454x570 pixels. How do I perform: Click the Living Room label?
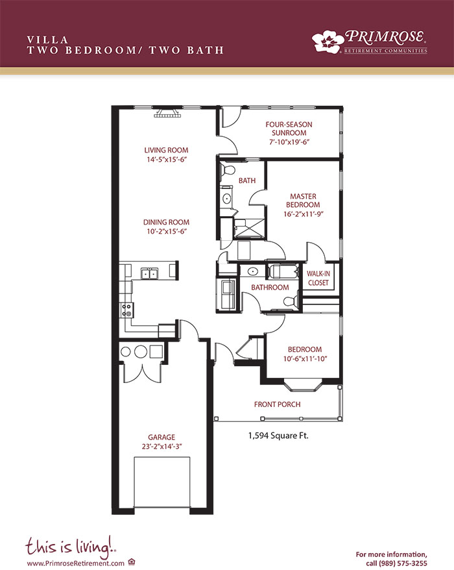166,150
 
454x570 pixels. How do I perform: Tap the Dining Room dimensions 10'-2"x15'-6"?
166,232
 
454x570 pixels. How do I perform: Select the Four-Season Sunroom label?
289,129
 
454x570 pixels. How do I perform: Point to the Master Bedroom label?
303,201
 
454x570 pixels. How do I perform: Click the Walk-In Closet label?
318,278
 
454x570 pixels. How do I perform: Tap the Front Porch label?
277,404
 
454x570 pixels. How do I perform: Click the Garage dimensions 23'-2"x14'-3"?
161,447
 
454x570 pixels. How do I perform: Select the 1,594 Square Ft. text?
278,436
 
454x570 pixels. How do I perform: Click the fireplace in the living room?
168,113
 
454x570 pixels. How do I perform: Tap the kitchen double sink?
149,273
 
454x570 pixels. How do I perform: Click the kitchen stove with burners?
126,310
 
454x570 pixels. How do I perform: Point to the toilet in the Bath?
228,169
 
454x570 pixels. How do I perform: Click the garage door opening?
162,482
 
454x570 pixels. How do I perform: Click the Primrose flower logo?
328,42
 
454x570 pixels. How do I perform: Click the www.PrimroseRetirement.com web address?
75,563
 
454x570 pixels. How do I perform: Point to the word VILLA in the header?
47,40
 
